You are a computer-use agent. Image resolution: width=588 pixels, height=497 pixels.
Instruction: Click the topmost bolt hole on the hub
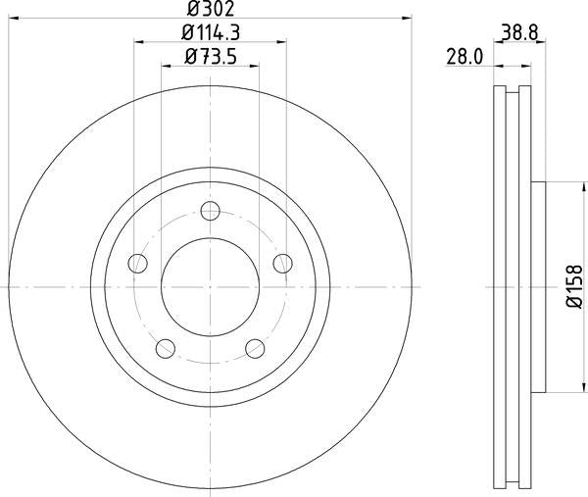coord(210,210)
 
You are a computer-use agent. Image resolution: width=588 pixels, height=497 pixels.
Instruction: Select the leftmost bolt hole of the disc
coord(138,263)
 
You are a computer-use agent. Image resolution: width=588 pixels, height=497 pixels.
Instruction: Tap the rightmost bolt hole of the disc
coord(282,263)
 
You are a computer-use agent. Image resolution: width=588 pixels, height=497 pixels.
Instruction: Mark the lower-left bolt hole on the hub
coord(166,347)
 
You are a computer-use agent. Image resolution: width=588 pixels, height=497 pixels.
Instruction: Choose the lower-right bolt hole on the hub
coord(255,347)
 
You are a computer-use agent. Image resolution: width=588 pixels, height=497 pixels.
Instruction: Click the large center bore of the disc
coord(210,286)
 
